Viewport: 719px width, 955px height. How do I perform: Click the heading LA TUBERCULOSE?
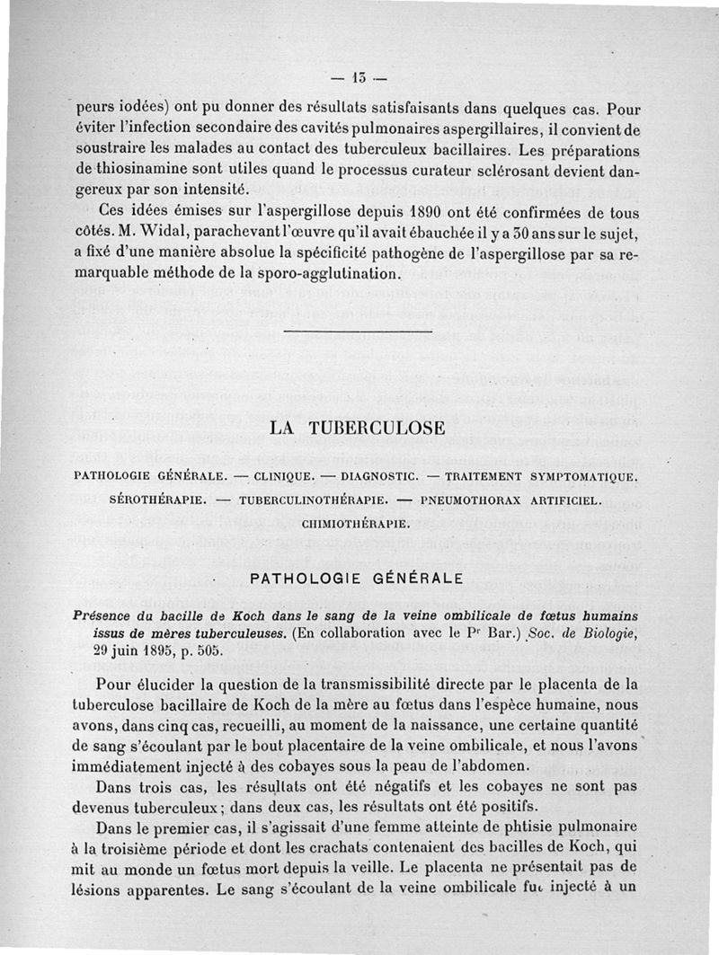[x=358, y=429]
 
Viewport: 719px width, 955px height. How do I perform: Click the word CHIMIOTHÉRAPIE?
[x=356, y=522]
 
